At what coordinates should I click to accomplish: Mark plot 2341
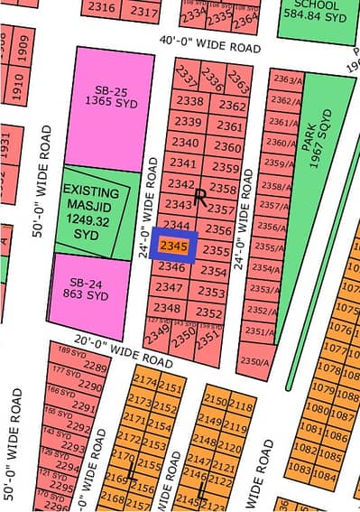pyautogui.click(x=183, y=163)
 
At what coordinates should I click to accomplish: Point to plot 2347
pyautogui.click(x=169, y=287)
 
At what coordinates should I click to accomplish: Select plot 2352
pyautogui.click(x=209, y=313)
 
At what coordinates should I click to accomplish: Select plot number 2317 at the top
pyautogui.click(x=144, y=12)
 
